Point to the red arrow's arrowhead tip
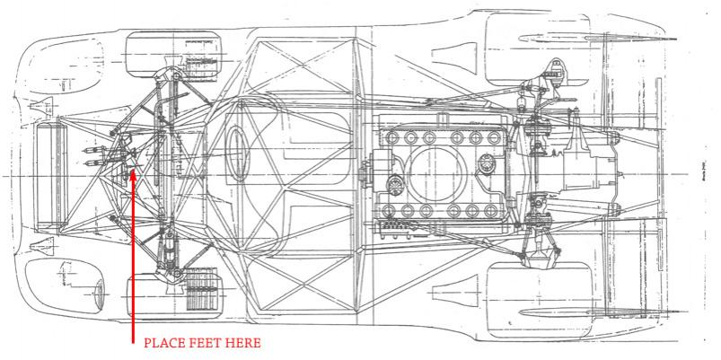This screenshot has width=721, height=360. [132, 169]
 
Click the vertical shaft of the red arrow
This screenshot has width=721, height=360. [132, 260]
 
